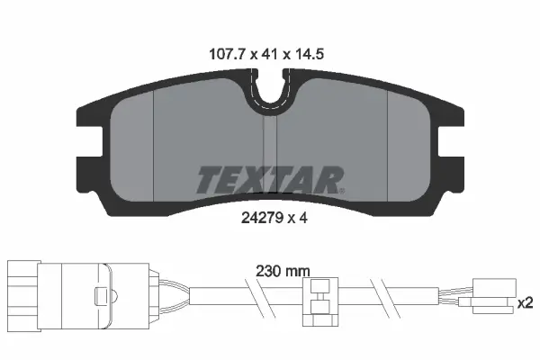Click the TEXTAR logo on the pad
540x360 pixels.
point(270,178)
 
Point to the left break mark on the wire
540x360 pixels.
point(254,293)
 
